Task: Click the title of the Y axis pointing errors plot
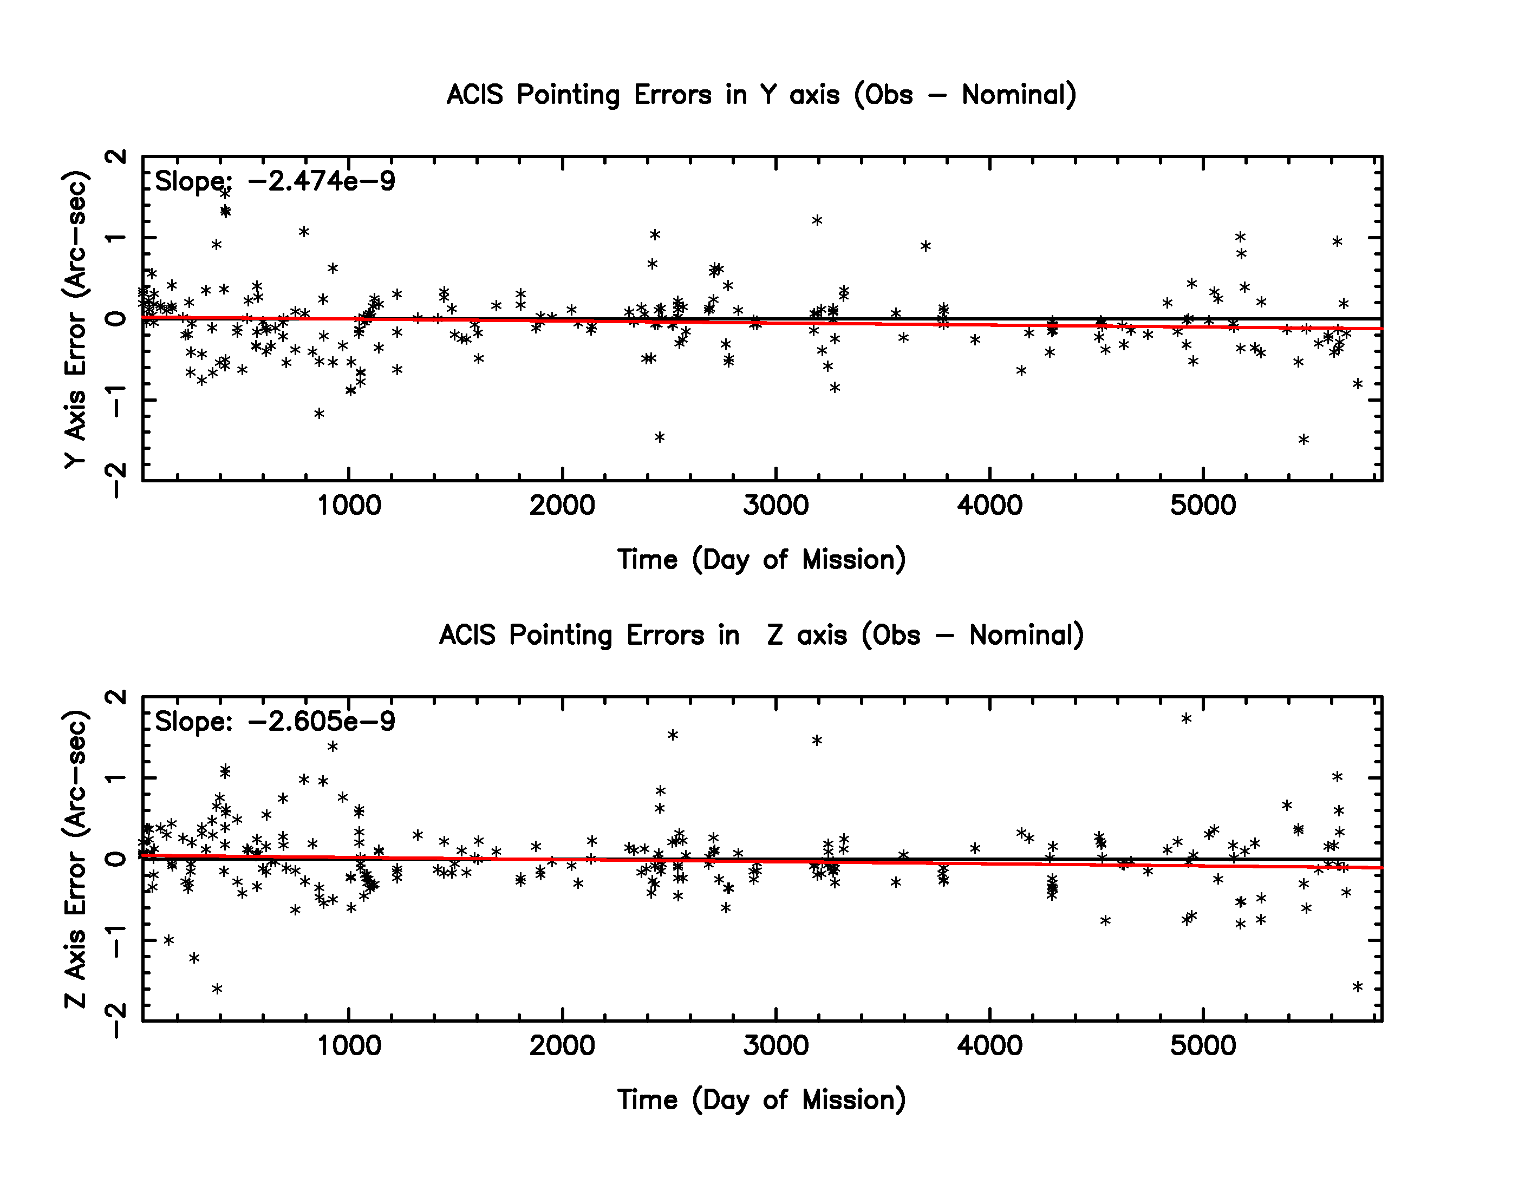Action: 761,95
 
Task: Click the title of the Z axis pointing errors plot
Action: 761,635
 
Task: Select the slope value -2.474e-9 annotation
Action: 321,181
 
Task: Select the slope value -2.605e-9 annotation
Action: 321,722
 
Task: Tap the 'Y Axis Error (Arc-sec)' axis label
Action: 75,319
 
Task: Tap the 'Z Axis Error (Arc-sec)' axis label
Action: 75,859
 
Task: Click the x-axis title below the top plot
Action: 761,560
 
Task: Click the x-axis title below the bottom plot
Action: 761,1100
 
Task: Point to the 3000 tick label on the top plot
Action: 775,505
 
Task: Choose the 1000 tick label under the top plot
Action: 349,505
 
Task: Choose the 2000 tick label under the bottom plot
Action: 562,1045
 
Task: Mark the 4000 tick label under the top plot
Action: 989,505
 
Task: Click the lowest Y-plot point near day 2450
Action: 659,437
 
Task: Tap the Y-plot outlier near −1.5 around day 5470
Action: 1304,440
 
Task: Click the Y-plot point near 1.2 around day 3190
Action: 817,220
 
